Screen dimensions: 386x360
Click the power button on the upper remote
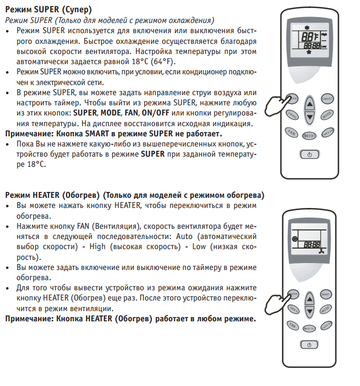tap(310, 154)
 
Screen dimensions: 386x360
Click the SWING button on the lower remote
tap(293, 308)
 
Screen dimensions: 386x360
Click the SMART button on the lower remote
tap(327, 293)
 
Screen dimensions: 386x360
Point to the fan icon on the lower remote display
tap(321, 250)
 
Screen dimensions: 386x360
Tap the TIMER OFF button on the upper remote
tap(310, 135)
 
